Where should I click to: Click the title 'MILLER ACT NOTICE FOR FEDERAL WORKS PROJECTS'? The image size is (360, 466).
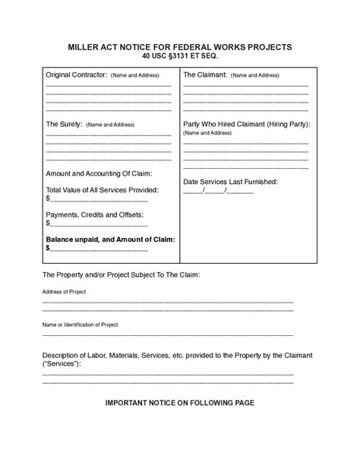point(179,47)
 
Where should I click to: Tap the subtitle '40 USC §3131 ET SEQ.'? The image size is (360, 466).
point(180,57)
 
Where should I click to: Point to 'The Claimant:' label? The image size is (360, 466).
point(204,75)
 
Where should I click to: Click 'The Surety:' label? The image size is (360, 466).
point(64,124)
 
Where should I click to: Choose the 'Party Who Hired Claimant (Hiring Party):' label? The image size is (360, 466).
point(247,124)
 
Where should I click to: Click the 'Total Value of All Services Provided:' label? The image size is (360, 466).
point(102,189)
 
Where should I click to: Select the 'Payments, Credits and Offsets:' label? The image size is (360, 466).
point(95,215)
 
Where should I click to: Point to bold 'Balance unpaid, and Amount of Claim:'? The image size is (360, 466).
point(110,239)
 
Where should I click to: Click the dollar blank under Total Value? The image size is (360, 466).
point(99,199)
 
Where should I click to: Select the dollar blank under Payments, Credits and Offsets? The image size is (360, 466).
point(99,225)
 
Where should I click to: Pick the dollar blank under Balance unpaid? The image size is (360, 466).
point(99,249)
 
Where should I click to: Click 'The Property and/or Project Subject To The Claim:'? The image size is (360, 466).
point(121,274)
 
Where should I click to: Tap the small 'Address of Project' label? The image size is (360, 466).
point(64,292)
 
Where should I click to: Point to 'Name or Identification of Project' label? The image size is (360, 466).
point(80,325)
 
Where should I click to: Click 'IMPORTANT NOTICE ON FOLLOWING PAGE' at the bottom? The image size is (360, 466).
point(179,403)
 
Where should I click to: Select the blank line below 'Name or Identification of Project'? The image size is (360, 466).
point(167,335)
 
